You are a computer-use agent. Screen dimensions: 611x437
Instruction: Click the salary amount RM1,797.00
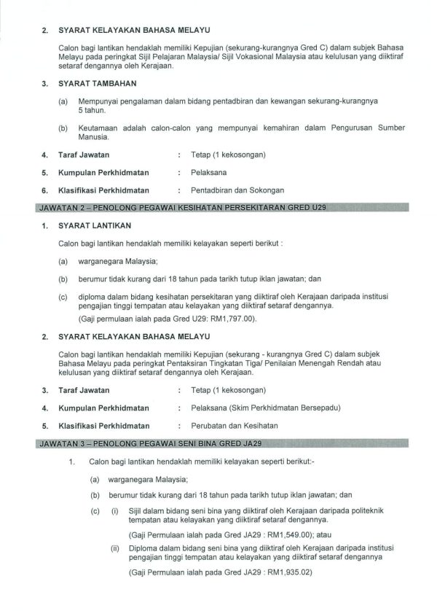(234, 319)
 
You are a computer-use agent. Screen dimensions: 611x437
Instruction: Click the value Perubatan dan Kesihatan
(233, 425)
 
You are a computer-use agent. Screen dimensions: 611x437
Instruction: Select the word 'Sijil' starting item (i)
(136, 511)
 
